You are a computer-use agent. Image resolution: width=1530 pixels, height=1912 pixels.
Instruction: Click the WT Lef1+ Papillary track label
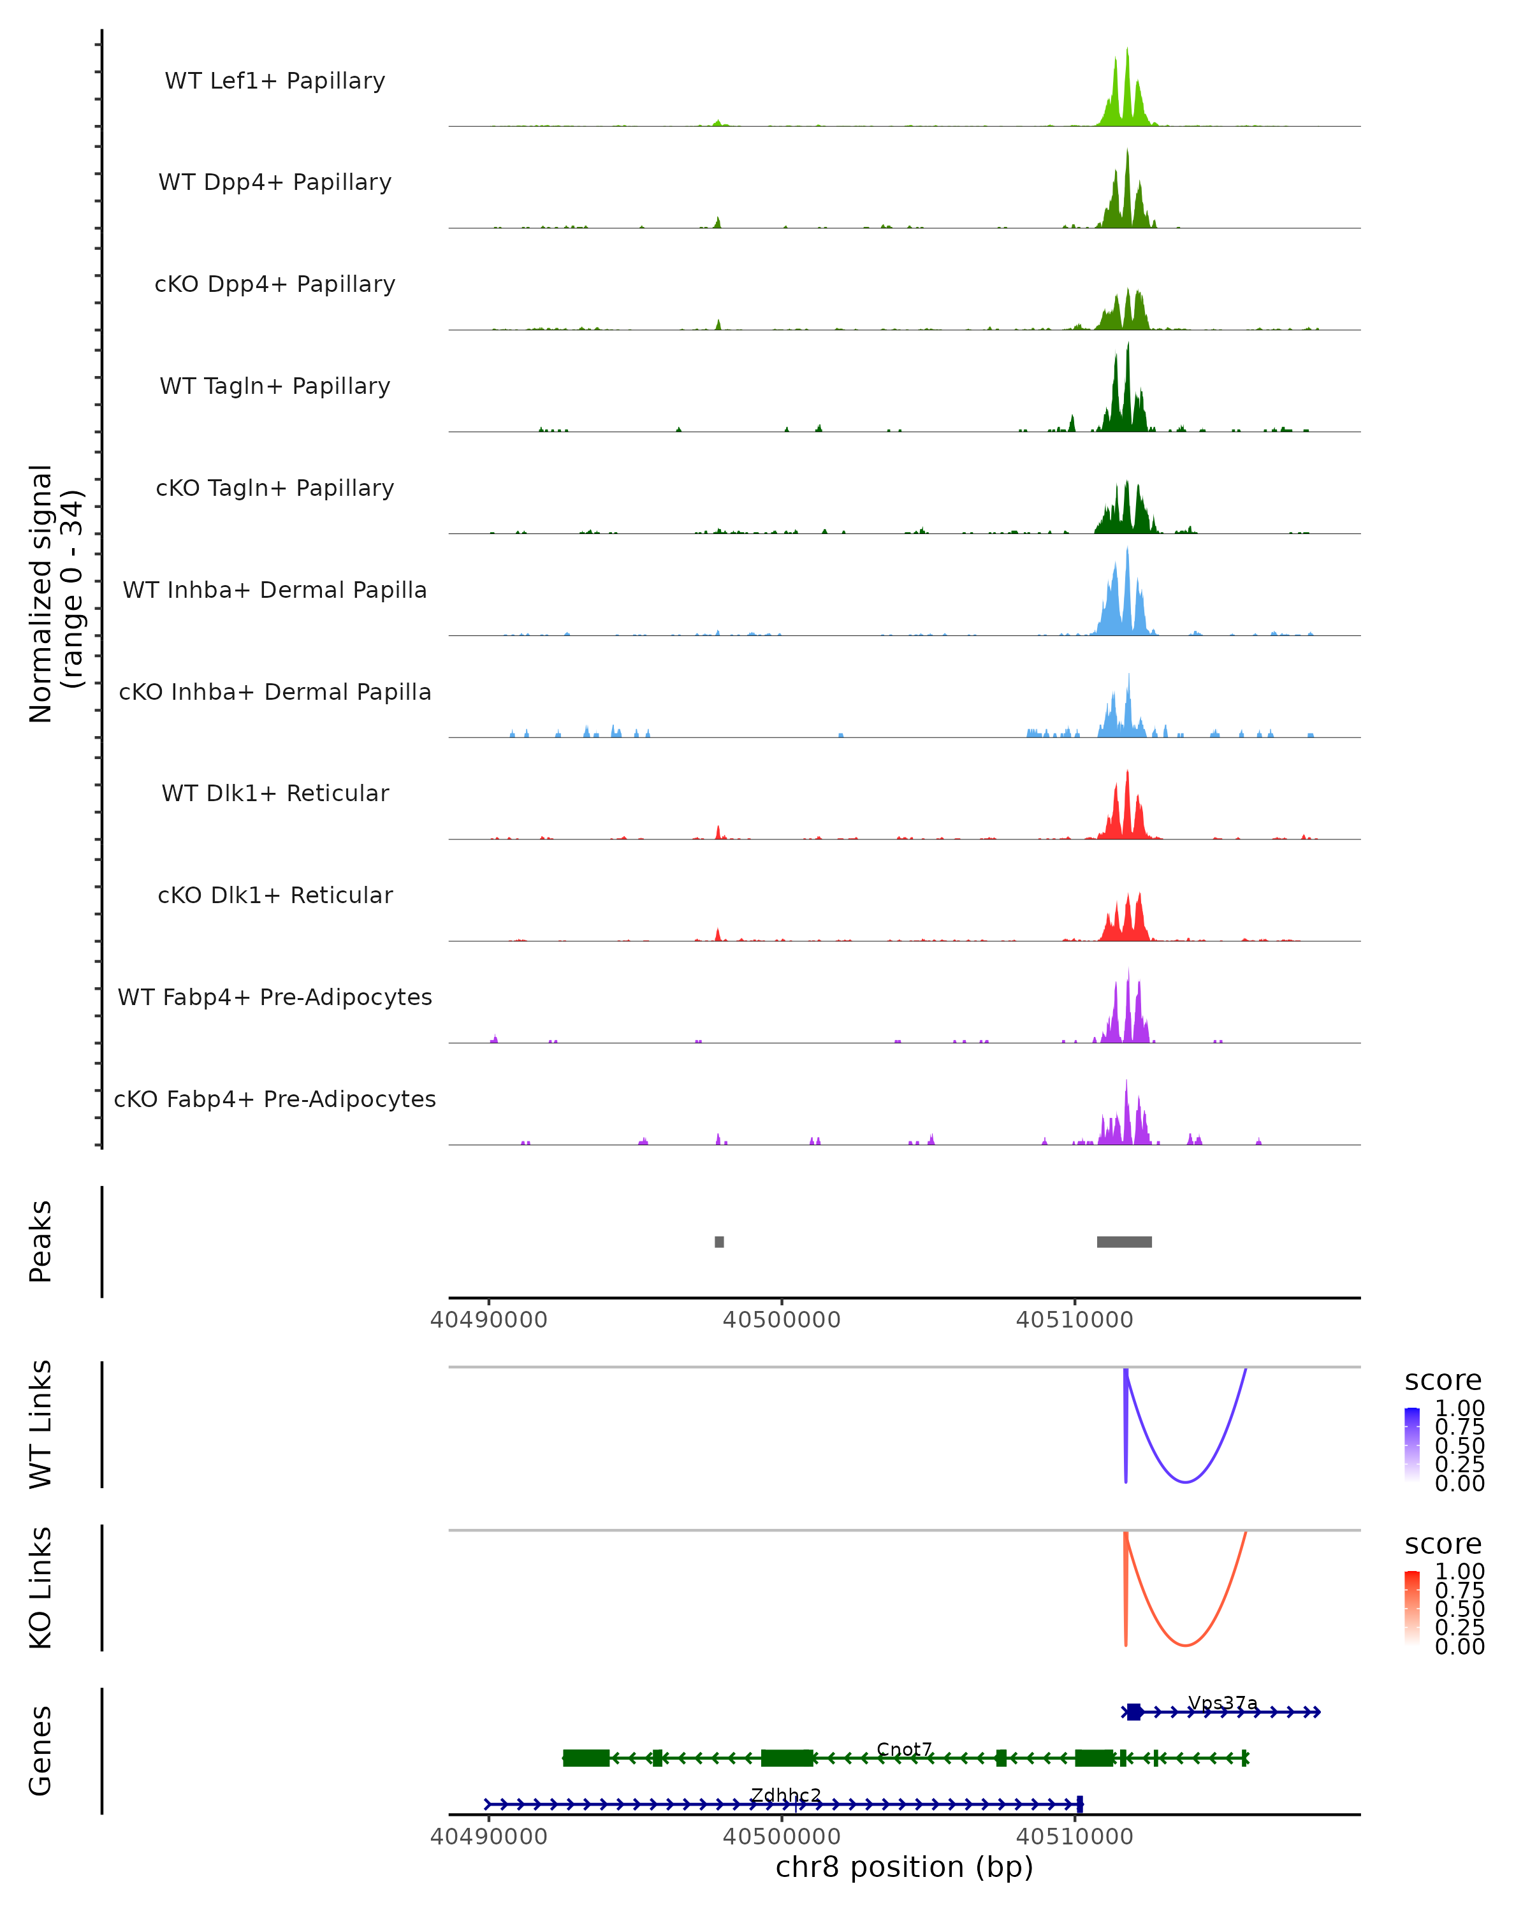click(x=275, y=81)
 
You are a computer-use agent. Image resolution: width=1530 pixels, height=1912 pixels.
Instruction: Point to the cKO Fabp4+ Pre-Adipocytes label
click(x=275, y=1099)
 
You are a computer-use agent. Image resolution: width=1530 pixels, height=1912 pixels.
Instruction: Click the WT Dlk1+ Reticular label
click(x=275, y=793)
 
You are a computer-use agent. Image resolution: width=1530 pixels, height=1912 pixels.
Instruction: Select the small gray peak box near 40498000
click(x=719, y=1242)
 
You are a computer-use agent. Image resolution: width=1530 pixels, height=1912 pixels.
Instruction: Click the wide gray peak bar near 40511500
click(x=1124, y=1242)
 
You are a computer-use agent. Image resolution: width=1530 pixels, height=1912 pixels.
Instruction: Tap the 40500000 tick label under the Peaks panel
click(x=782, y=1320)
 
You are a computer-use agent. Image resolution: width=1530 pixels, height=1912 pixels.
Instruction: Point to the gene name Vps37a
click(x=1222, y=1703)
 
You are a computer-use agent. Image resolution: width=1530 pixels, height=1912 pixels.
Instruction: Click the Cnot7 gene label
click(x=904, y=1749)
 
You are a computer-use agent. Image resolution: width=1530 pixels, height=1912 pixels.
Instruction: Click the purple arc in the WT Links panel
click(x=1185, y=1481)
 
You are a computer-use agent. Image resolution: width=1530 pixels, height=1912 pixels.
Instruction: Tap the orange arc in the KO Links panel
click(x=1185, y=1645)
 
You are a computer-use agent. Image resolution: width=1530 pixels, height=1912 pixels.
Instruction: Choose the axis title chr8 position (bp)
click(x=904, y=1867)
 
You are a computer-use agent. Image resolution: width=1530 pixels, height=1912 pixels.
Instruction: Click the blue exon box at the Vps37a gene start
click(x=1133, y=1712)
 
